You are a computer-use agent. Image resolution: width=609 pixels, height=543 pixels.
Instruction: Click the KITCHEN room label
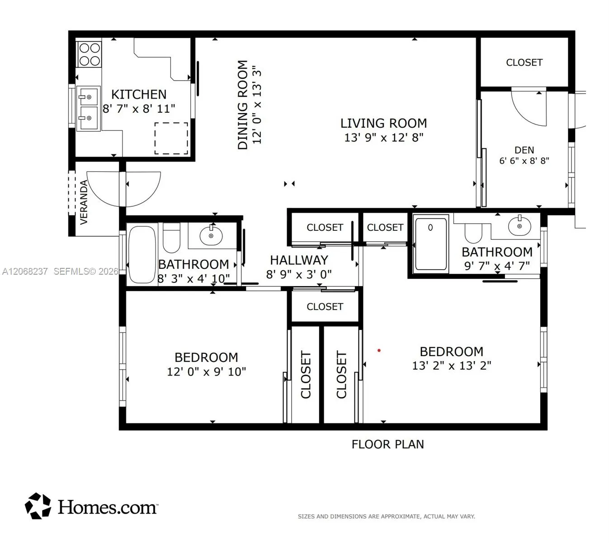(x=138, y=95)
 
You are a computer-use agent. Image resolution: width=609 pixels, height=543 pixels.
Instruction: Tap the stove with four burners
(x=89, y=54)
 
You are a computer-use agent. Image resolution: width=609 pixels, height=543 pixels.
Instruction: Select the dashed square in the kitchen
(x=171, y=138)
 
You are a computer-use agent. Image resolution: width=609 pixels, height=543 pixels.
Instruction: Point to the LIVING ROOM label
(x=383, y=124)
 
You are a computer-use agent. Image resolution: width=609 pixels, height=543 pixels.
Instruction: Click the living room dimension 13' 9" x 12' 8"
(x=383, y=138)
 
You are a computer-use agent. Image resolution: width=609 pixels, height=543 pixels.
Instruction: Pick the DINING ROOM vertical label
(x=243, y=105)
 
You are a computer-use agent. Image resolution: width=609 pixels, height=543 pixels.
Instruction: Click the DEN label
(x=524, y=150)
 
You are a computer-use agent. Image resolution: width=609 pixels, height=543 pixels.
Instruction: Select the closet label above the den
(x=524, y=62)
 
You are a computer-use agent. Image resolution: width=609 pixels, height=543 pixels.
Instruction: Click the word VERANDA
(x=84, y=202)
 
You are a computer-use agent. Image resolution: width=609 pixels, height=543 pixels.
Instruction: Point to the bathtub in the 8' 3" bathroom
(x=142, y=254)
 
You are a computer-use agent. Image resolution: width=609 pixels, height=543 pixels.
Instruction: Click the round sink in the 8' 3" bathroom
(x=211, y=236)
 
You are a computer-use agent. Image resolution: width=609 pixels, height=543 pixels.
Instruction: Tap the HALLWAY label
(x=299, y=260)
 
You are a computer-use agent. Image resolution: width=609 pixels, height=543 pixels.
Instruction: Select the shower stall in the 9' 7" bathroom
(x=431, y=244)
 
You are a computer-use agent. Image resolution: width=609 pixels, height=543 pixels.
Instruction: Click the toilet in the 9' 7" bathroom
(x=473, y=233)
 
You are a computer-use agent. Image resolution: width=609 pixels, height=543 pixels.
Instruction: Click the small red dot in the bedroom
(x=379, y=350)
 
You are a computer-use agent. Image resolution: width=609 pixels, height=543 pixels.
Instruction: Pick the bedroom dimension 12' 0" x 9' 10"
(x=206, y=372)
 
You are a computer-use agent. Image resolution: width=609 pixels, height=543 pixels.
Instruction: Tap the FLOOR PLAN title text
(x=388, y=444)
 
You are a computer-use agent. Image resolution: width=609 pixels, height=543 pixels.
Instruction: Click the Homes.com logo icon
(x=38, y=506)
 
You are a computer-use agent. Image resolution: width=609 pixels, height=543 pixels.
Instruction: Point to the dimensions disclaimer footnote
(x=386, y=516)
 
